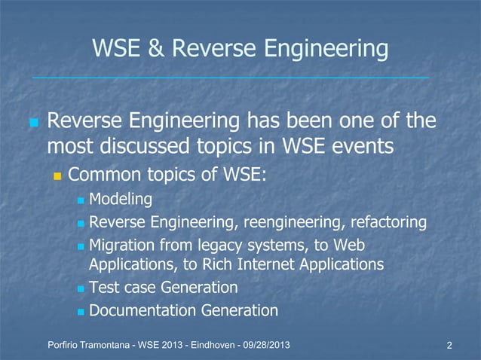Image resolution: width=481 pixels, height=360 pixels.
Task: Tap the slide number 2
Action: [x=449, y=346]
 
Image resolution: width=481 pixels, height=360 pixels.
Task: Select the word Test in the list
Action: [x=104, y=288]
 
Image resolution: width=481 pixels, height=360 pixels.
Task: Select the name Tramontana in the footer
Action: [x=105, y=345]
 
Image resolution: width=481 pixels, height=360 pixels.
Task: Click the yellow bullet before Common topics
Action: [x=57, y=176]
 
